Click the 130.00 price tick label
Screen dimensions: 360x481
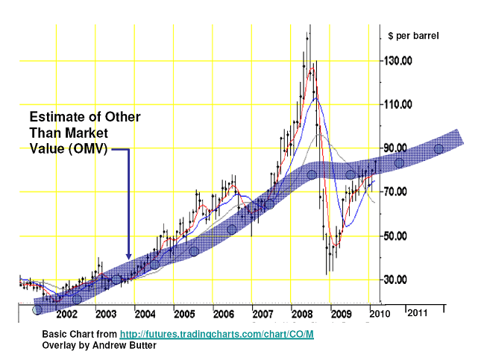pyautogui.click(x=397, y=60)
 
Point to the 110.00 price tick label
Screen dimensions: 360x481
pyautogui.click(x=397, y=104)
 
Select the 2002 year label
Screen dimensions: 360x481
pyautogui.click(x=66, y=314)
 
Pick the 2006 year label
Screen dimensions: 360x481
pyautogui.click(x=221, y=314)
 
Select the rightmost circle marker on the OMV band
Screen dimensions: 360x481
pyautogui.click(x=439, y=148)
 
